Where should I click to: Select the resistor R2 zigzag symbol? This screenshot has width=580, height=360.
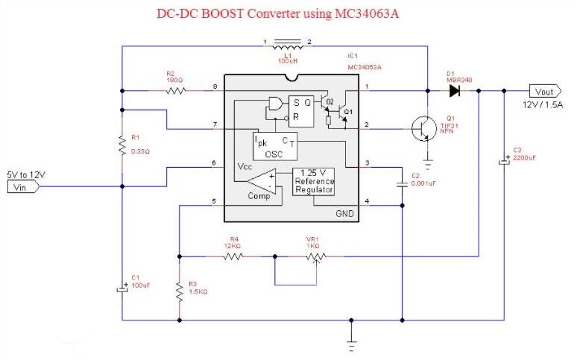tap(176, 91)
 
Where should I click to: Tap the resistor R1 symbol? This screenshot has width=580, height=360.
tap(122, 145)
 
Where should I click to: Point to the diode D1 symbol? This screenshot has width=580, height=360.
tap(453, 91)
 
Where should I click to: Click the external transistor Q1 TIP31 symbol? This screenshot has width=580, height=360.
tap(424, 128)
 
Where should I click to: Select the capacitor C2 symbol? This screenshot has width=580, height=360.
tap(402, 183)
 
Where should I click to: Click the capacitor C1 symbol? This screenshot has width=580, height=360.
tap(122, 287)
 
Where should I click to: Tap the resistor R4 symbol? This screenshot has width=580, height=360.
tap(233, 256)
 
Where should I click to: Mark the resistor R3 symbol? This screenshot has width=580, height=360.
tap(179, 291)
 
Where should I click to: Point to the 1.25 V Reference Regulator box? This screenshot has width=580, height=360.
tap(314, 181)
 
